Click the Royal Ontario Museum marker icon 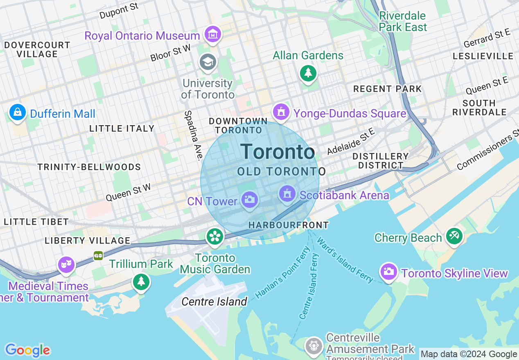click(213, 35)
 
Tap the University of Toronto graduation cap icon click(208, 63)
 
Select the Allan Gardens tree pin click(308, 73)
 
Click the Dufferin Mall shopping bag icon click(18, 112)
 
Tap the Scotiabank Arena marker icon click(287, 193)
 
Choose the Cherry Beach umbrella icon click(454, 236)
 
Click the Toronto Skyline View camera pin click(388, 271)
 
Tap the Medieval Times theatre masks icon click(66, 265)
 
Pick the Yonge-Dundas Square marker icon click(281, 111)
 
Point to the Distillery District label click(380, 161)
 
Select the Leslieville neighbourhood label click(483, 56)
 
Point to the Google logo click(27, 350)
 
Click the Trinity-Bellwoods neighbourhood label click(89, 167)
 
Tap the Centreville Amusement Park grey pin click(314, 345)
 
